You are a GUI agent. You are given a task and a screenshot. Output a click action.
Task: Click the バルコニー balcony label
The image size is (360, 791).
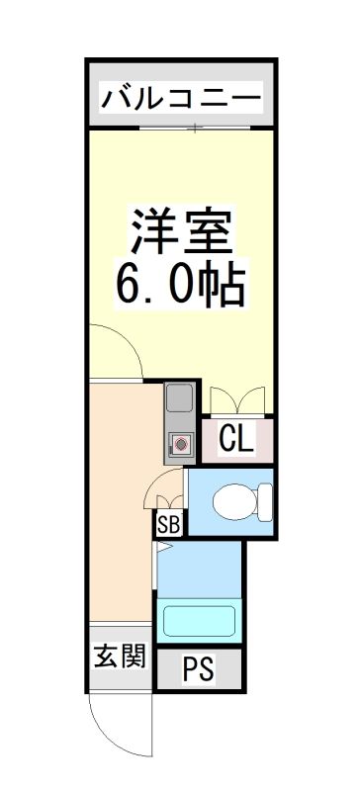(181, 99)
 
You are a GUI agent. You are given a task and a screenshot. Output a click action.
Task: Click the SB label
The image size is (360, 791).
(167, 525)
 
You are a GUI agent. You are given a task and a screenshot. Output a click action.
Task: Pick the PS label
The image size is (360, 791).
(198, 670)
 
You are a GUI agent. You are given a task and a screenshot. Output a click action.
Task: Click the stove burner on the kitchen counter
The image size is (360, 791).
(181, 445)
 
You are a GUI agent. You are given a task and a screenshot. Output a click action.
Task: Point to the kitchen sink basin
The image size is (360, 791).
(180, 400)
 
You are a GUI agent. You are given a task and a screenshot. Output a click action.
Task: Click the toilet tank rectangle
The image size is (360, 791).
(264, 502)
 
